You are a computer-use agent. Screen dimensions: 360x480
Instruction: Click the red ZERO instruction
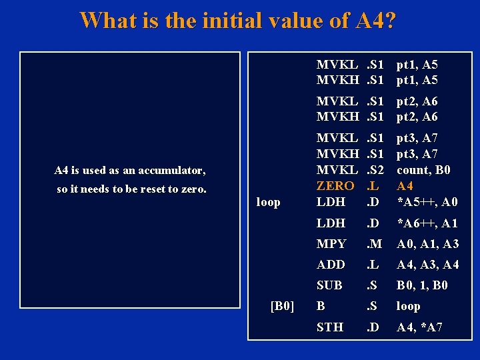click(x=335, y=186)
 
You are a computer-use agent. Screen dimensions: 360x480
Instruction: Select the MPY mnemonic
click(x=331, y=244)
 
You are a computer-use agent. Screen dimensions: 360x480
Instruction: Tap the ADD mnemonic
click(x=331, y=265)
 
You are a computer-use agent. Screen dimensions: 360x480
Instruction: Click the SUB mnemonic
click(x=329, y=285)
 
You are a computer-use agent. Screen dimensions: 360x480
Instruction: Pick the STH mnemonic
click(x=330, y=327)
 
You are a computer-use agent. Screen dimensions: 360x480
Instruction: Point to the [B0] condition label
click(x=281, y=306)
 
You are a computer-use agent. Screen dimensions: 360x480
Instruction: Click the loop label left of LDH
click(x=268, y=202)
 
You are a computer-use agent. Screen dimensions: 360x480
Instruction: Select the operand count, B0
click(x=423, y=170)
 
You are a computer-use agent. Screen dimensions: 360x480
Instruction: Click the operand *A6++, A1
click(x=427, y=223)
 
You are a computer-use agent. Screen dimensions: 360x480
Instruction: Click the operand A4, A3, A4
click(x=428, y=265)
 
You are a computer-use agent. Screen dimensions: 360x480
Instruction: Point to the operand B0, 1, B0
click(x=423, y=285)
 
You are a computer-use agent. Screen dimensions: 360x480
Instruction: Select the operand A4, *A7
click(x=419, y=327)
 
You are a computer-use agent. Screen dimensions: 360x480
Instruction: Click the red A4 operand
click(x=405, y=186)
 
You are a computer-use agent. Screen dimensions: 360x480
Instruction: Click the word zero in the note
click(x=195, y=189)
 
